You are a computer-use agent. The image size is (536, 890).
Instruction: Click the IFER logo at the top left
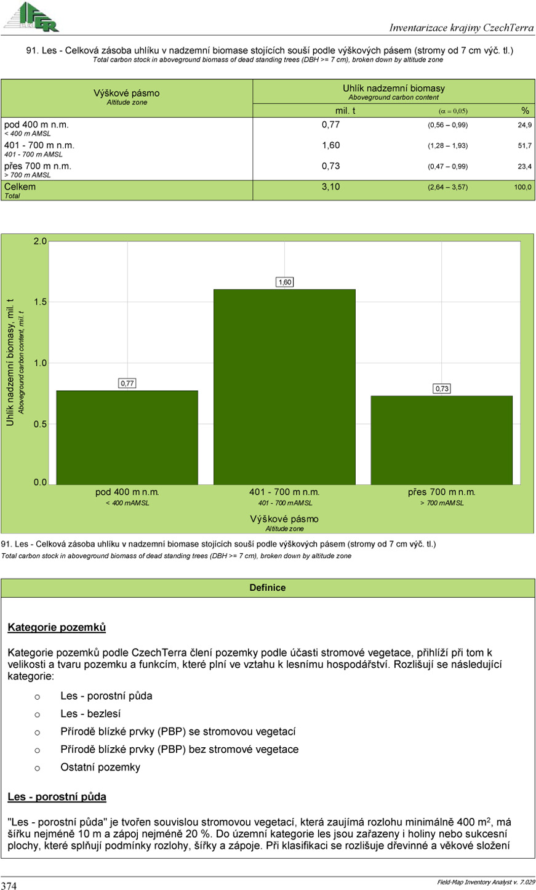(32, 17)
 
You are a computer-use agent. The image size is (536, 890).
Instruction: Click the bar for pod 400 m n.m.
(127, 437)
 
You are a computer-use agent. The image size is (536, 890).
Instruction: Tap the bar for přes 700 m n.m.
(441, 439)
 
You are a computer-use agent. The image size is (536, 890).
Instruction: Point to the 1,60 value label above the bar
(284, 282)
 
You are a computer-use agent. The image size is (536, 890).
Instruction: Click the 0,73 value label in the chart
(442, 388)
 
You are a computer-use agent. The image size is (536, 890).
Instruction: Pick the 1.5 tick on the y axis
(40, 302)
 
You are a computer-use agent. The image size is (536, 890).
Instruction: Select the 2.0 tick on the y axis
(40, 241)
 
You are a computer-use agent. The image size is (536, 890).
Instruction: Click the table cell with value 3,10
(330, 187)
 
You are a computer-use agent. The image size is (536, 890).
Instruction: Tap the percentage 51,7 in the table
(524, 146)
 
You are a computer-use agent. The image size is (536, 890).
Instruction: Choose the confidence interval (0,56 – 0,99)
(447, 125)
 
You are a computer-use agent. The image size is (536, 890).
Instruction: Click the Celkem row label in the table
(20, 187)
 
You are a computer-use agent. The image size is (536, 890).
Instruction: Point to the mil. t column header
(345, 111)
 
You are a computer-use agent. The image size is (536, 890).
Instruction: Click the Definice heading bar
(268, 588)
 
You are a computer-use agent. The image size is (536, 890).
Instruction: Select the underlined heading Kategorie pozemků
(57, 627)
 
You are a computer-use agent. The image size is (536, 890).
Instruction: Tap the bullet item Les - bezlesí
(90, 714)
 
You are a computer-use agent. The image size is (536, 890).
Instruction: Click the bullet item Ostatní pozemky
(100, 767)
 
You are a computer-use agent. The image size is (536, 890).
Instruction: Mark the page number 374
(9, 885)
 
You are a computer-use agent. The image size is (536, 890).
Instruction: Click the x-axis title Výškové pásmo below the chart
(284, 519)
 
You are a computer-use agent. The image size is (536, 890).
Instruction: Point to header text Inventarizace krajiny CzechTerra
(462, 28)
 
